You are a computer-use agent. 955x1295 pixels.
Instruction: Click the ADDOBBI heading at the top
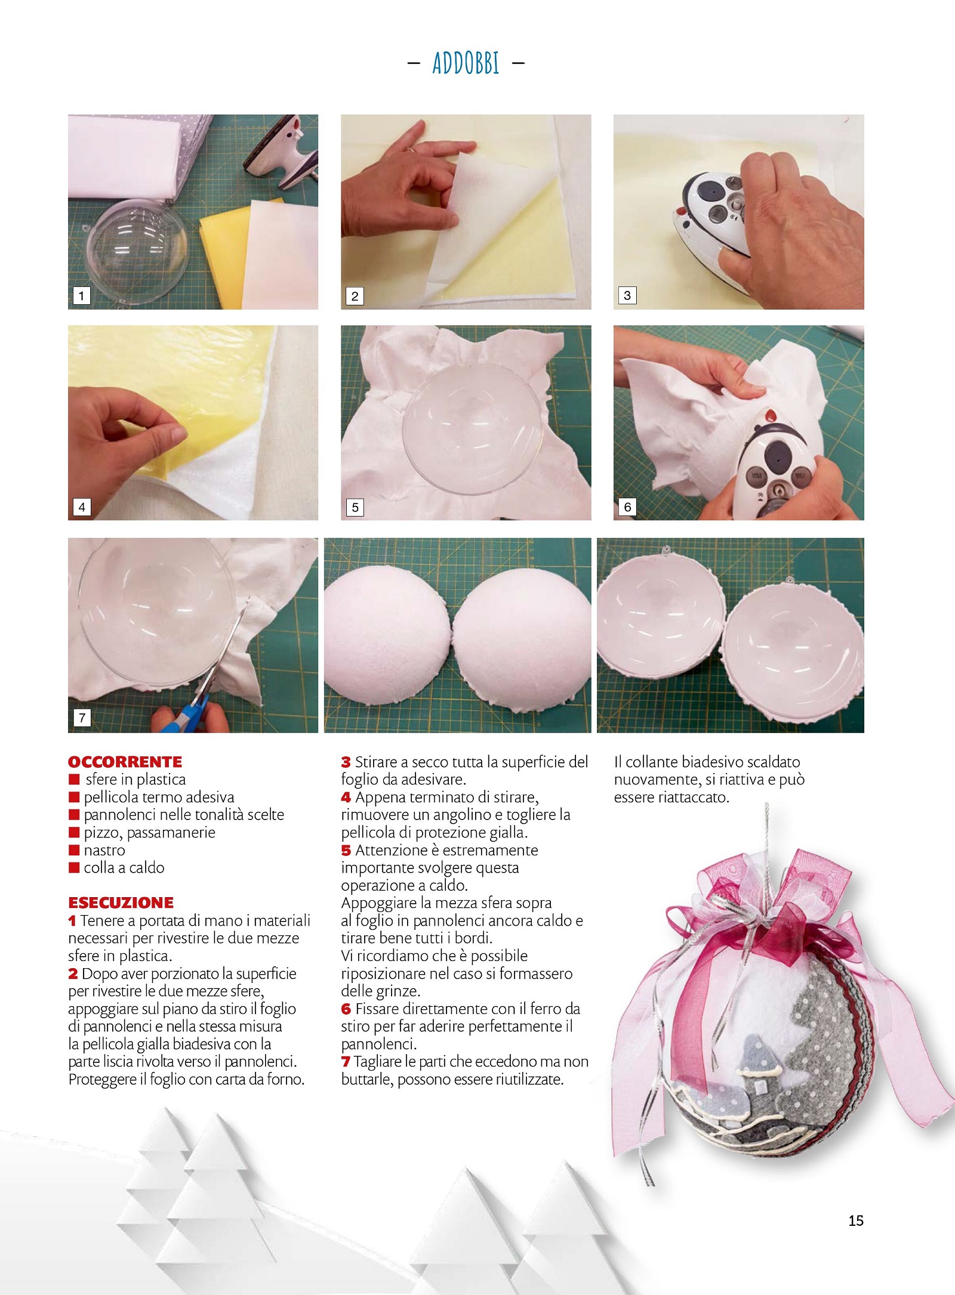coord(466,63)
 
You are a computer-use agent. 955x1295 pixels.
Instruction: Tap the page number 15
coord(855,1220)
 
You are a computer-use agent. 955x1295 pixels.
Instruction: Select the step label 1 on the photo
coord(81,295)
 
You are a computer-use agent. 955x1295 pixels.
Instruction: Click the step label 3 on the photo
coord(627,295)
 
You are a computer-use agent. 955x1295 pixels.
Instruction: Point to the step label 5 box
coord(355,507)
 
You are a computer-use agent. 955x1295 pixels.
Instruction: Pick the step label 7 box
coord(82,718)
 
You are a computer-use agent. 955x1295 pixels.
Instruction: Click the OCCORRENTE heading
coord(125,762)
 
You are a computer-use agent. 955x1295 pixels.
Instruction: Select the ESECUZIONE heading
coord(121,903)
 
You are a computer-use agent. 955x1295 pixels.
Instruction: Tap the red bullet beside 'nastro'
coord(74,850)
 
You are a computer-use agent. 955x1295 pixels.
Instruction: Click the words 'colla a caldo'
coord(124,867)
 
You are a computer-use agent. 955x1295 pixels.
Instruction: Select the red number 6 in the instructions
coord(346,1009)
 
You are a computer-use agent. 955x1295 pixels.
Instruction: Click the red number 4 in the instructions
coord(346,797)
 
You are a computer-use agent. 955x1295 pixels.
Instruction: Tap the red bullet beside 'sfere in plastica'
coord(74,779)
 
